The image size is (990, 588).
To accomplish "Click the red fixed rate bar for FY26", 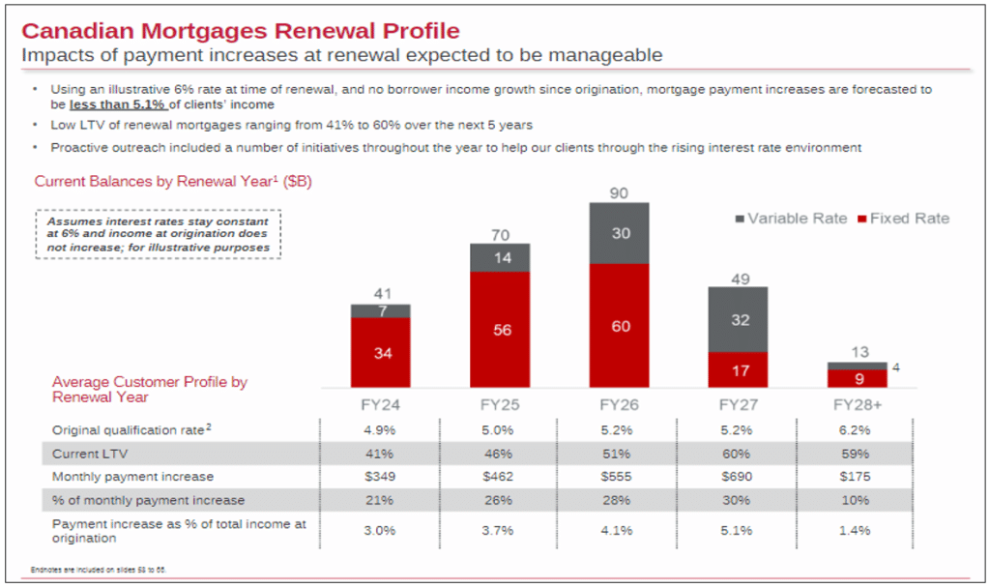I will point(619,326).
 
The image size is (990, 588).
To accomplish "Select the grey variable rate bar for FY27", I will point(739,319).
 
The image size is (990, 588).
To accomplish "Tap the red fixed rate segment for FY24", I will point(381,353).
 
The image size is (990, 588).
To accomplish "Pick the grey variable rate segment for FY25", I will point(500,257).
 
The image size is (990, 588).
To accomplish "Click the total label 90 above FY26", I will point(619,193).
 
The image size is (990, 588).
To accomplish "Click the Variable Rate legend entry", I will point(791,219).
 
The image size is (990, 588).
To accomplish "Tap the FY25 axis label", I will point(500,403).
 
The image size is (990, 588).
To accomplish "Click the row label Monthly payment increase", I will point(133,477).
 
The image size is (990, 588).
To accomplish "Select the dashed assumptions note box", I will point(160,235).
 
